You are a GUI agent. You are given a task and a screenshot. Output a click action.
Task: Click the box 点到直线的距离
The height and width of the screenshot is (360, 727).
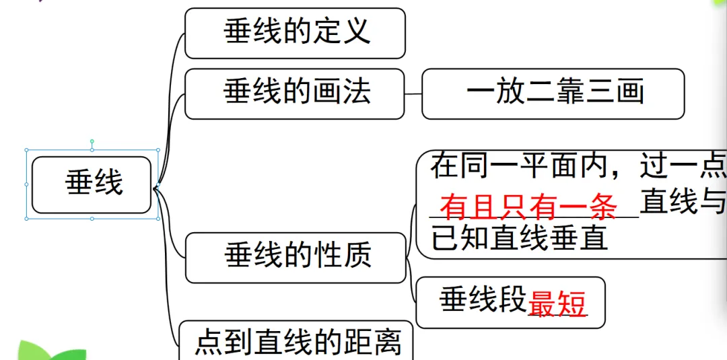(296, 342)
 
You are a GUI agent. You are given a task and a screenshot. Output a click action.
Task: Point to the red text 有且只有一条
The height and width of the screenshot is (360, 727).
(528, 208)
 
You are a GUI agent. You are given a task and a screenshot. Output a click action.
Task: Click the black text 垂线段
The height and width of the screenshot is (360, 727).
(483, 300)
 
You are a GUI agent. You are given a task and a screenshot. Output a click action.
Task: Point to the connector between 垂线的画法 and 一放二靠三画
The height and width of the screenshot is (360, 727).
(413, 94)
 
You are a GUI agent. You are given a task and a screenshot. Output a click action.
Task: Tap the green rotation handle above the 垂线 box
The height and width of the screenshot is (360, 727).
(92, 142)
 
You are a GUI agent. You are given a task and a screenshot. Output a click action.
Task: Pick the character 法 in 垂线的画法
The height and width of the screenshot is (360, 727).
(355, 93)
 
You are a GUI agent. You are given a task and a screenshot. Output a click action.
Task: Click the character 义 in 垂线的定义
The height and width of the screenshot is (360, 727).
(355, 33)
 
